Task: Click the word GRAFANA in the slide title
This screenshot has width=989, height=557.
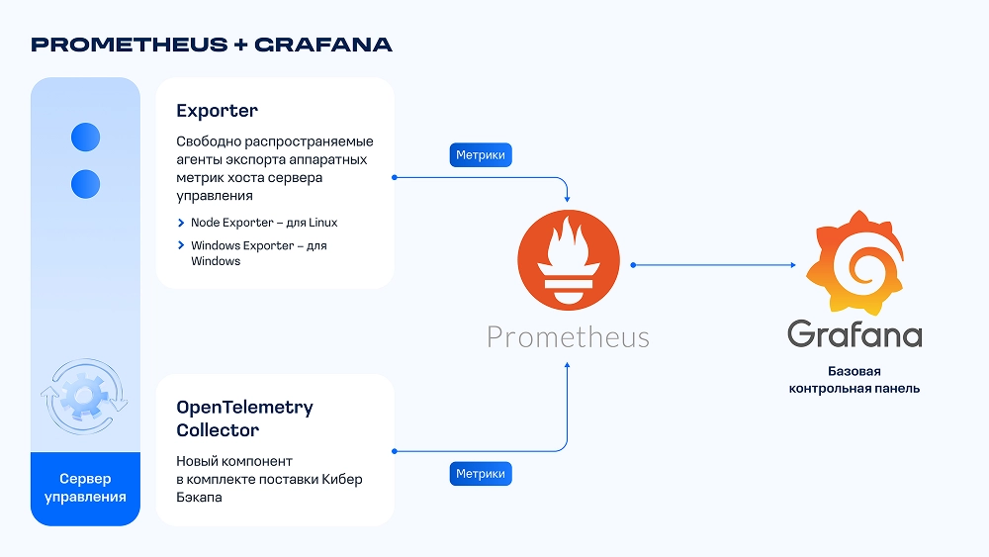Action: click(323, 45)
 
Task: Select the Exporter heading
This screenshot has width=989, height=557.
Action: click(217, 111)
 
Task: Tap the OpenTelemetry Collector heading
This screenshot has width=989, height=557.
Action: click(244, 418)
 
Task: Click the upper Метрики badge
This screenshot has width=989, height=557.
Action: click(481, 155)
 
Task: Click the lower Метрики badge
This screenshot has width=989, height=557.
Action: click(481, 475)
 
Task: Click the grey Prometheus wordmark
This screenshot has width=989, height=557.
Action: click(568, 337)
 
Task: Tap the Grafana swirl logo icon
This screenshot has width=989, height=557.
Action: click(853, 259)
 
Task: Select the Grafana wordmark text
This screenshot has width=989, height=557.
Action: click(854, 332)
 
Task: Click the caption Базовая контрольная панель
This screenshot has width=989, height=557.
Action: click(854, 380)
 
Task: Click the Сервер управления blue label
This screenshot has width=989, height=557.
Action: click(85, 488)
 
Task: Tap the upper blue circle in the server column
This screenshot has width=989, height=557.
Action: click(86, 138)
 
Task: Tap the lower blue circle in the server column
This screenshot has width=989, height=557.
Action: click(86, 183)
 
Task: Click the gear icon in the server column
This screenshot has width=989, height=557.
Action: click(84, 396)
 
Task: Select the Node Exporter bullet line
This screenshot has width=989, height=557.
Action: click(263, 223)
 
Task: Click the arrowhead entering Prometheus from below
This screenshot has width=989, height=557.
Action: click(568, 365)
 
